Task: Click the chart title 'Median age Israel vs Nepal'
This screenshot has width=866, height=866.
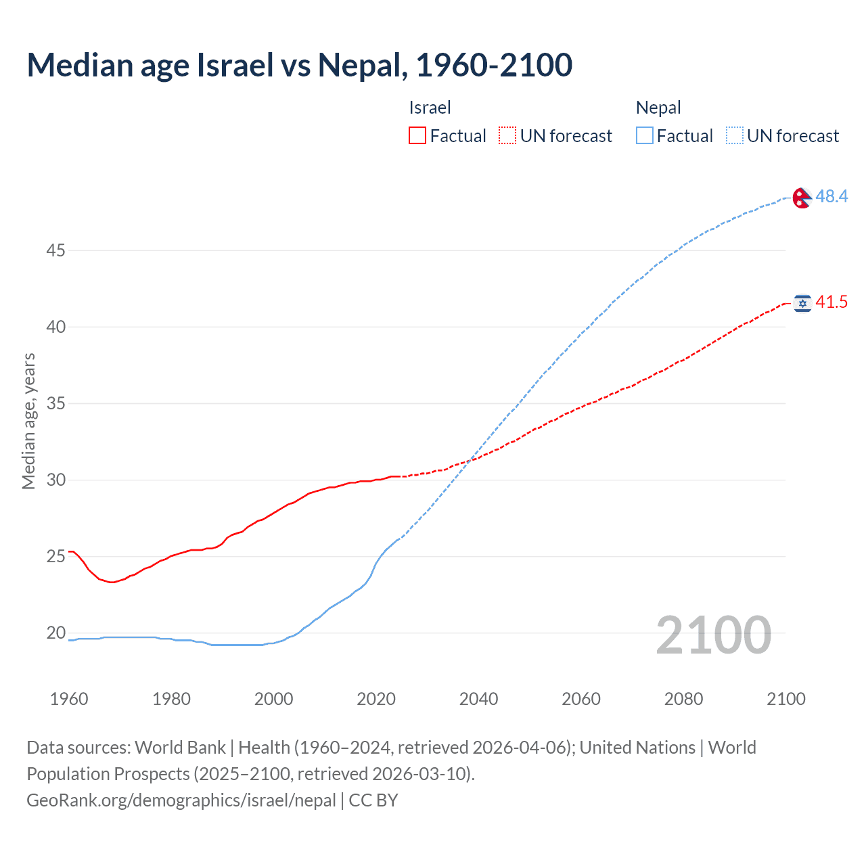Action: click(299, 65)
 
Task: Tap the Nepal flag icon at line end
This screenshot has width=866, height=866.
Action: click(802, 197)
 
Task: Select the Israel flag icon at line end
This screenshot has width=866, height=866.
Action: click(802, 302)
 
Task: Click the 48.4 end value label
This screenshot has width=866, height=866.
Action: click(831, 196)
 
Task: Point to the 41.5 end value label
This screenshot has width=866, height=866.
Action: click(831, 302)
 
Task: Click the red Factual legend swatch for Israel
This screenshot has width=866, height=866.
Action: click(417, 135)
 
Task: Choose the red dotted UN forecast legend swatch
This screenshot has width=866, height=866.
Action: click(507, 135)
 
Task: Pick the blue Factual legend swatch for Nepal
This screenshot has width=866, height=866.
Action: click(645, 135)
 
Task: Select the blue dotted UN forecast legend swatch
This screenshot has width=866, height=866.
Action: click(735, 135)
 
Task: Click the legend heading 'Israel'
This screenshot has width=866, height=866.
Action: click(430, 108)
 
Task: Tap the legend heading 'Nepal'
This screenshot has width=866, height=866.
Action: click(658, 108)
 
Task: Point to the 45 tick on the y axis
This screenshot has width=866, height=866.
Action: click(55, 250)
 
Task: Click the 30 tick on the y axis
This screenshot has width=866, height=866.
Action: click(55, 480)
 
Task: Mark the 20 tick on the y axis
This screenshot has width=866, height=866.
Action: click(55, 633)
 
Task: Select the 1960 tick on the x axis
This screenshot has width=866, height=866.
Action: click(69, 699)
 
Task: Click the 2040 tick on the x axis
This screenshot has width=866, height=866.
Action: click(478, 699)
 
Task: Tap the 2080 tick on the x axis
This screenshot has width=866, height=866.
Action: click(683, 699)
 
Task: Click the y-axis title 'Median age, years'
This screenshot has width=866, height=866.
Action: click(28, 421)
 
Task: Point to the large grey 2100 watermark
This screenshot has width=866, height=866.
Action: click(713, 635)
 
